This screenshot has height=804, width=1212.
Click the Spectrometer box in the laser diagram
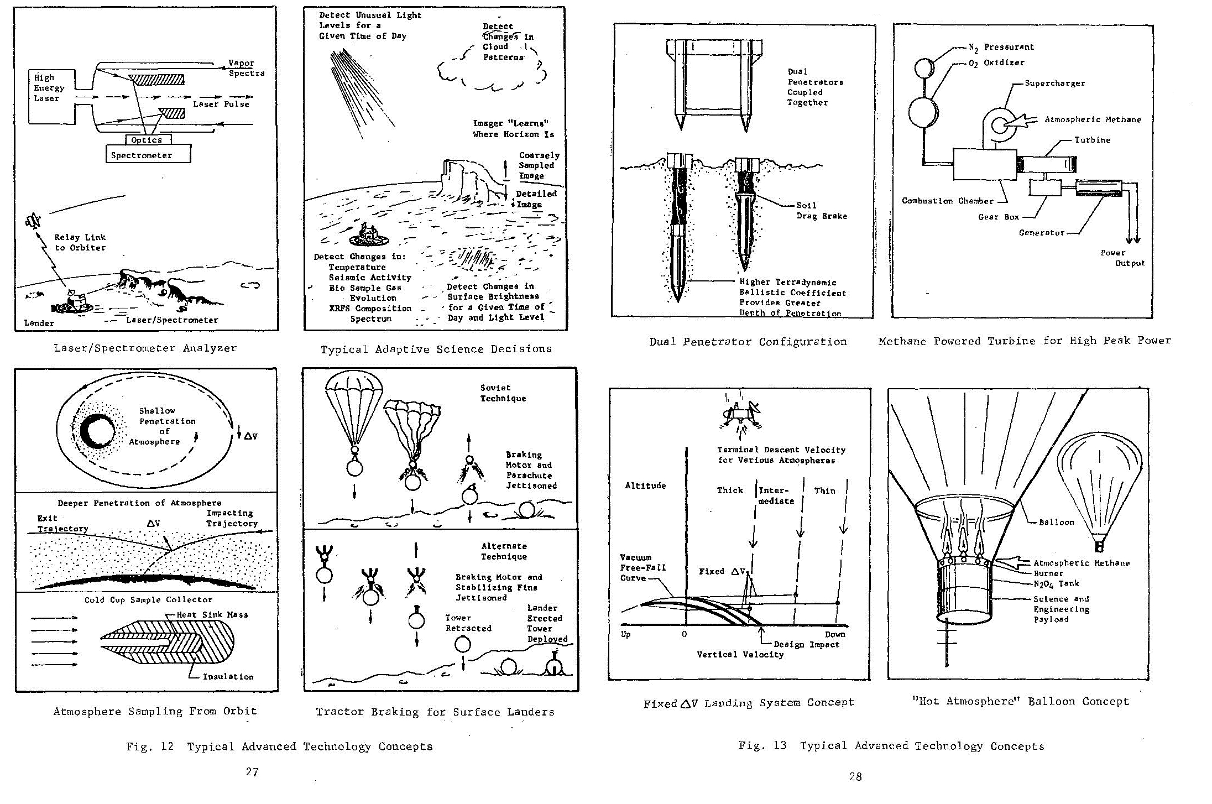[x=148, y=154]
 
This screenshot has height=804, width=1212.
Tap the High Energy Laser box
[x=51, y=96]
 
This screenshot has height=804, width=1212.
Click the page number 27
[x=252, y=772]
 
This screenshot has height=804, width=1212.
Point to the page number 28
[x=855, y=777]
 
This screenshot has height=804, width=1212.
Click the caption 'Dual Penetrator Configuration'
[x=748, y=342]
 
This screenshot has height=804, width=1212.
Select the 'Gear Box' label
[x=998, y=217]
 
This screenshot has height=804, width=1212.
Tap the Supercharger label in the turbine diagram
[x=1054, y=83]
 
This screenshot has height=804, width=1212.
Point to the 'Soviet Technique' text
[x=503, y=393]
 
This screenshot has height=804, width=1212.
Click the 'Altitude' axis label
[x=645, y=485]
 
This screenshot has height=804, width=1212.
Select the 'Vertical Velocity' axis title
[x=740, y=655]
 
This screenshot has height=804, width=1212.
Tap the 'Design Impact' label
[x=806, y=644]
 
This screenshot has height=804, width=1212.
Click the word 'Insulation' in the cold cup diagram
[x=228, y=676]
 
